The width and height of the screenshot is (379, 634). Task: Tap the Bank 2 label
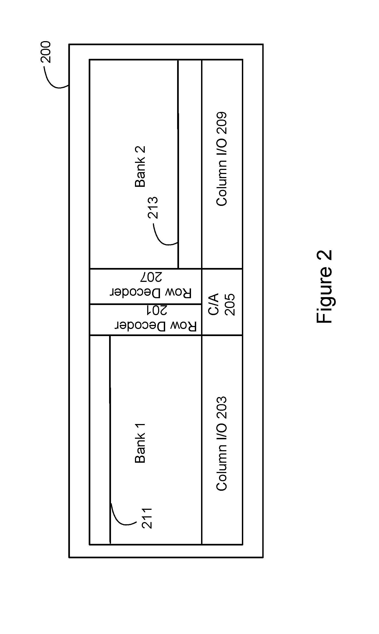click(x=140, y=167)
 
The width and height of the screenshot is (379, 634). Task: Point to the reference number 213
click(x=153, y=208)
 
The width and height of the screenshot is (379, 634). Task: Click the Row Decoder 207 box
click(x=146, y=286)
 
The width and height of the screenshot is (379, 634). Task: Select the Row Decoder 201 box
click(x=146, y=319)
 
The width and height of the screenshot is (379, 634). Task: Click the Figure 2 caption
click(x=325, y=286)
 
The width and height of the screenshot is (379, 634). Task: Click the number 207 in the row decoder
click(x=151, y=277)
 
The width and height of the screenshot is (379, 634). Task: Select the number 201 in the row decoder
click(x=156, y=310)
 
